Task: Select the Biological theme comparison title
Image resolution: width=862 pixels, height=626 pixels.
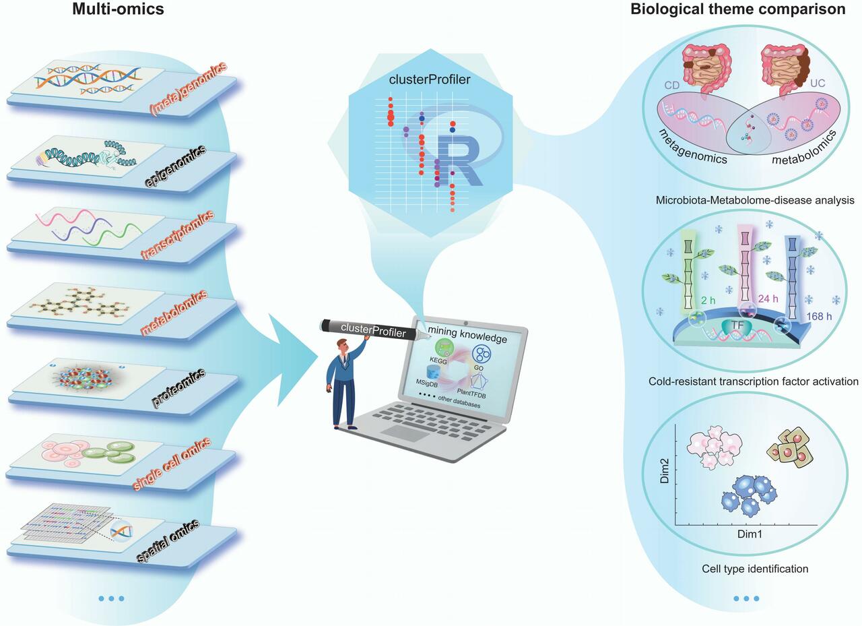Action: [x=737, y=10]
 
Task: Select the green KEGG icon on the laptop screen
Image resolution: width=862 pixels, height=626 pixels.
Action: [x=444, y=348]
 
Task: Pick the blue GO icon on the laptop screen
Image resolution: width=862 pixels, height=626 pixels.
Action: [x=482, y=353]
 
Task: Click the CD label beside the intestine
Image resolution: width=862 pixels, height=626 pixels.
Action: [x=671, y=86]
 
